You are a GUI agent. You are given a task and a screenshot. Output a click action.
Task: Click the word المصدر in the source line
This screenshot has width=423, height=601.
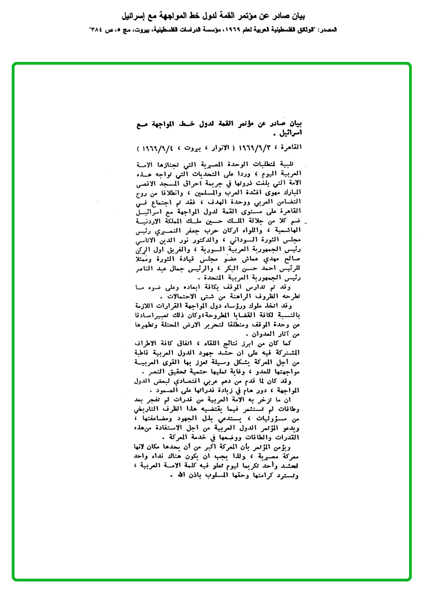click(407, 27)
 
